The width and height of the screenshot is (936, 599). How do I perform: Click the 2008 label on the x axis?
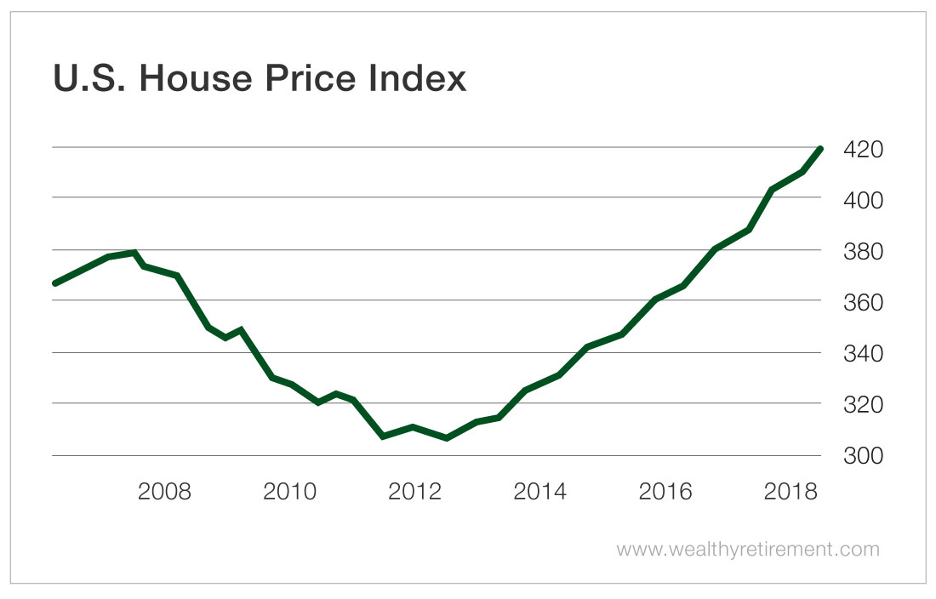click(165, 493)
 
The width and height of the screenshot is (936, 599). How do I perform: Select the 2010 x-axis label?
click(289, 493)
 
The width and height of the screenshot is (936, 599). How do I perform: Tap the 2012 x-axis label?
click(414, 493)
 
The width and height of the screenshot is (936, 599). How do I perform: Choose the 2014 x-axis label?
click(539, 493)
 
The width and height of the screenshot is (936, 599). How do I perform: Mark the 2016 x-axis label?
click(665, 493)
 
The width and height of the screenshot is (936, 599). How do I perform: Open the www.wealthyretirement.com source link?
click(748, 550)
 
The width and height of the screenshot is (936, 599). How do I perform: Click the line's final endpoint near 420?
click(819, 150)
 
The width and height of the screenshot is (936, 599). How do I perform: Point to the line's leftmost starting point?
click(55, 282)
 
